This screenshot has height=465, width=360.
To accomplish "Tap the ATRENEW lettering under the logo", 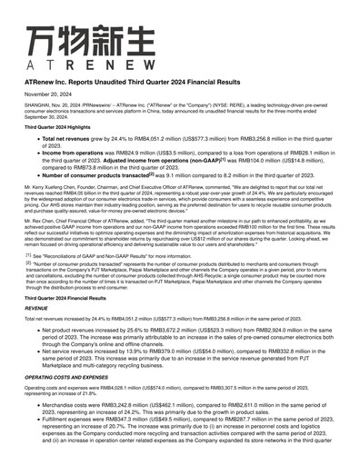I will [x=76, y=65].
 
